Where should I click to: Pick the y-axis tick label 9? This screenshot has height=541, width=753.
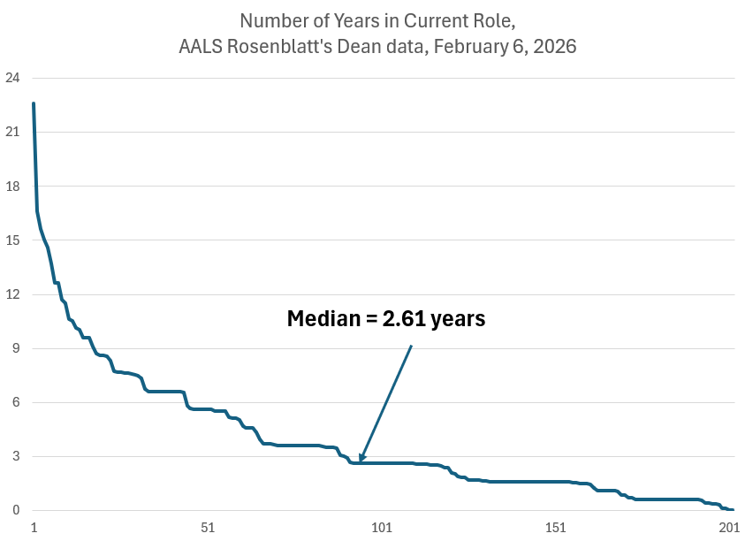(x=15, y=348)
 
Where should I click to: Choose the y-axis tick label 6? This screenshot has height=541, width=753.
(x=15, y=402)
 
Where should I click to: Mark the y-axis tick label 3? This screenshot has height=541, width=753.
(x=15, y=456)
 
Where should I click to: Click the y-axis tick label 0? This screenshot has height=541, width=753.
(x=15, y=510)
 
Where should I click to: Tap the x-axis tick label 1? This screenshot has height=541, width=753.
(x=34, y=528)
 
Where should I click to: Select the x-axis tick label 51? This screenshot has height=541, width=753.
(x=208, y=528)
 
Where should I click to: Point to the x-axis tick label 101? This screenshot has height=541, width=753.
(x=382, y=528)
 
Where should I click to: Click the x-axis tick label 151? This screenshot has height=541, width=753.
(x=556, y=528)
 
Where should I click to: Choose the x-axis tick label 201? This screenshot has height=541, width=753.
(x=729, y=528)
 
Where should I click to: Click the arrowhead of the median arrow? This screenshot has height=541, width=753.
(x=361, y=458)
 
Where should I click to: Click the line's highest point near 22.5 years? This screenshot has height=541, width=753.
(x=34, y=103)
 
